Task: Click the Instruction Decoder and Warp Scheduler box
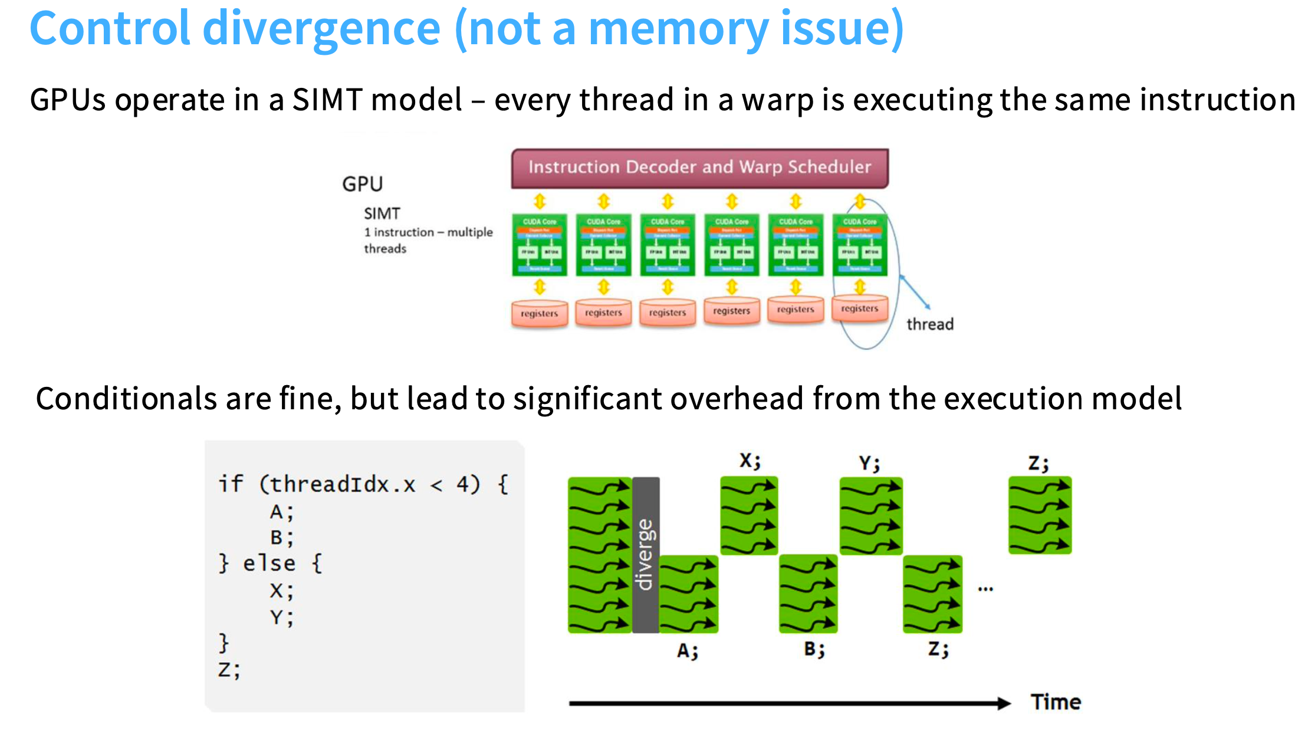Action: [x=699, y=168]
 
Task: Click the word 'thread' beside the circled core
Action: [x=929, y=324]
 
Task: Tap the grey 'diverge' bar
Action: [x=646, y=554]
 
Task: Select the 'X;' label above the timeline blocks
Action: [x=750, y=461]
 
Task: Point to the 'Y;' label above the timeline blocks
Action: [x=869, y=464]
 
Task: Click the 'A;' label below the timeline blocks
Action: [x=688, y=650]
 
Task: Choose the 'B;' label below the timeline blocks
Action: [x=814, y=649]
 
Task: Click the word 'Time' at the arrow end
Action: [x=1056, y=702]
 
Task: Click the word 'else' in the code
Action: [x=269, y=563]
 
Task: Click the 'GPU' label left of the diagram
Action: [x=362, y=184]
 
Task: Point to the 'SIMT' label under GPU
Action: [x=382, y=213]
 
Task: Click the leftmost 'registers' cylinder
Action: [x=539, y=313]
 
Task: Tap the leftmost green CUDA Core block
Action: [x=539, y=245]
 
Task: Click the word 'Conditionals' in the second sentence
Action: [x=126, y=399]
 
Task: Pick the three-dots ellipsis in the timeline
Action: [x=985, y=589]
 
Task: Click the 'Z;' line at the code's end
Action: [x=229, y=670]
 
